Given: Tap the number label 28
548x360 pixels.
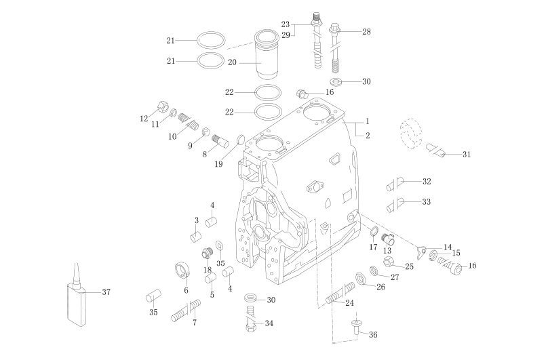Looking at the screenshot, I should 366,32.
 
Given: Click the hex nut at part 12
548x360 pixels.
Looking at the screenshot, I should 162,106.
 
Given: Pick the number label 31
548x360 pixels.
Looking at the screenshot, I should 466,155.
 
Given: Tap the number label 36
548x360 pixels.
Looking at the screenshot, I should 373,334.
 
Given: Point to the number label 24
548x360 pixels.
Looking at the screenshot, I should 350,302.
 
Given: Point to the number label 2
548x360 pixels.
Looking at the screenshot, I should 367,136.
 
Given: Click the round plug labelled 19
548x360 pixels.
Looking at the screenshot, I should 239,140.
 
